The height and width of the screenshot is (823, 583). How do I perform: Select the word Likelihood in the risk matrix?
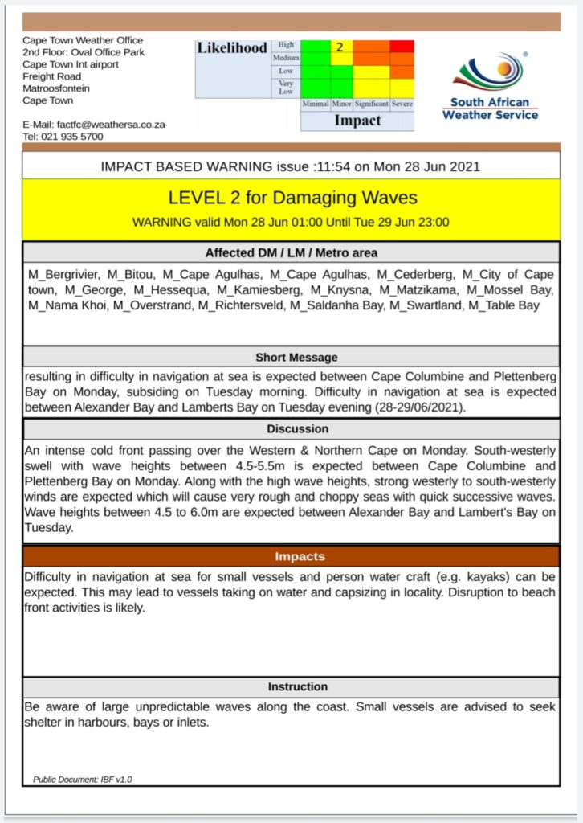pyautogui.click(x=232, y=48)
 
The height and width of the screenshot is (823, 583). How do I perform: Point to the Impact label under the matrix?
pyautogui.click(x=357, y=121)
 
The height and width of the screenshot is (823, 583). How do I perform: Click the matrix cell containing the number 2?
pyautogui.click(x=340, y=47)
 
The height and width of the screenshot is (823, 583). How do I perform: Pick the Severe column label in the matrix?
pyautogui.click(x=402, y=104)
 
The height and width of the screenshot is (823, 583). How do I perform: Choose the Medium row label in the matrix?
pyautogui.click(x=286, y=59)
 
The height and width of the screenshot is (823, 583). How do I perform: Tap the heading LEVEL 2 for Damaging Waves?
pyautogui.click(x=292, y=198)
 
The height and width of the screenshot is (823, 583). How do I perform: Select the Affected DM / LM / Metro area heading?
pyautogui.click(x=291, y=253)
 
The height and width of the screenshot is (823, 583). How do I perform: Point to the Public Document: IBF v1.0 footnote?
pyautogui.click(x=83, y=780)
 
